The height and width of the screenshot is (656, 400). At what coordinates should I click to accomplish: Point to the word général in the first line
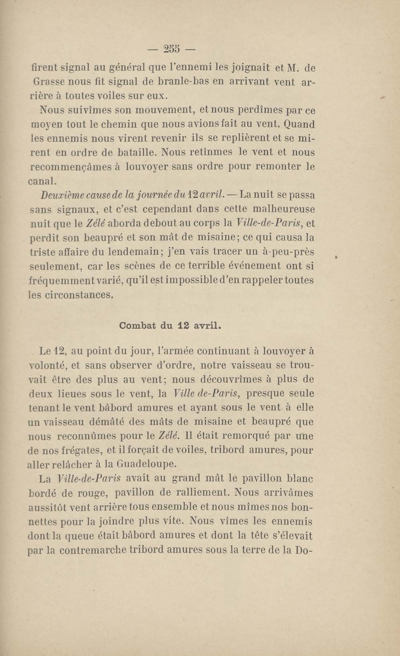pyautogui.click(x=127, y=68)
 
